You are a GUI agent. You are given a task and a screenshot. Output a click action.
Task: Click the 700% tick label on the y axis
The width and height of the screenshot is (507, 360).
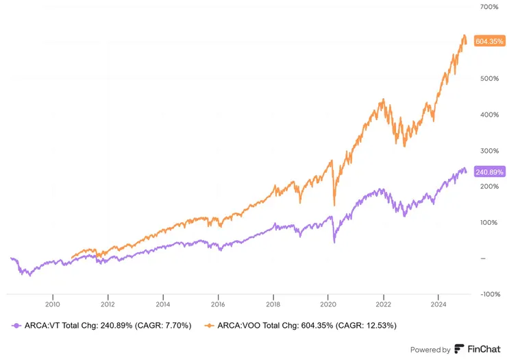click(489, 7)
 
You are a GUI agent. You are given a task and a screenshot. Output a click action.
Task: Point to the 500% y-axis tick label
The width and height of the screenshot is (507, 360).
click(489, 78)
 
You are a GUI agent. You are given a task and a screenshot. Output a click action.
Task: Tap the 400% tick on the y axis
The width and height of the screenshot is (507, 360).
click(489, 115)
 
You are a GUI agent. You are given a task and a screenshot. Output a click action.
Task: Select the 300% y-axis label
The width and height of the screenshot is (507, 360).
click(489, 150)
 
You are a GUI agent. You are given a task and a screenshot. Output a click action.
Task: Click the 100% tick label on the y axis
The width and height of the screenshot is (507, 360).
click(489, 222)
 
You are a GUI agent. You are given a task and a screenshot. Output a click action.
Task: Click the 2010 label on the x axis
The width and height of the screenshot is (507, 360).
click(52, 303)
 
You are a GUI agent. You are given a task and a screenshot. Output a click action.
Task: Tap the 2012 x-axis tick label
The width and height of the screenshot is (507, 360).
click(108, 303)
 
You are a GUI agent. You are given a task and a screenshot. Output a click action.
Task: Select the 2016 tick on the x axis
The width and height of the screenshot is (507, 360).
click(218, 303)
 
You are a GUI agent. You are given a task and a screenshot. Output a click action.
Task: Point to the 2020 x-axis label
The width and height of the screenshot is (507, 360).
click(328, 303)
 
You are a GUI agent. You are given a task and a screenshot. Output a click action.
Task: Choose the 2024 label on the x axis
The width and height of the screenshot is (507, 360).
click(438, 303)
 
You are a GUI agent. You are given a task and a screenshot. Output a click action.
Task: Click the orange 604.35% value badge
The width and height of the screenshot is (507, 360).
click(488, 42)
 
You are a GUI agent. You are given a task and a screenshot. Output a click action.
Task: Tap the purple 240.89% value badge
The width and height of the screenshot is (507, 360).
click(488, 172)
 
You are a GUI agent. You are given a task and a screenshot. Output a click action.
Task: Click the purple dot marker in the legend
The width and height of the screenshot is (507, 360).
click(16, 325)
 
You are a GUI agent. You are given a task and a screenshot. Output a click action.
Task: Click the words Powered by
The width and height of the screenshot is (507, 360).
click(430, 349)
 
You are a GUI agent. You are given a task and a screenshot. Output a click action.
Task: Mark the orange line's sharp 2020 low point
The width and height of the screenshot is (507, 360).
click(334, 204)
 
